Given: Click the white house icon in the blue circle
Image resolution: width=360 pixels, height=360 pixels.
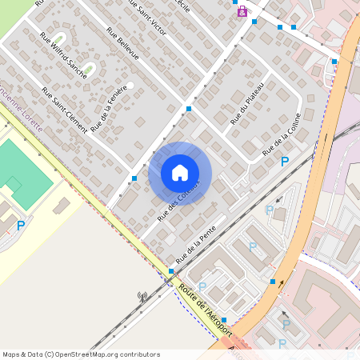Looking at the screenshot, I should click(x=180, y=173).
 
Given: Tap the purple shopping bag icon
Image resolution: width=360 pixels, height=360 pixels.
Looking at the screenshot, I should click(x=242, y=12).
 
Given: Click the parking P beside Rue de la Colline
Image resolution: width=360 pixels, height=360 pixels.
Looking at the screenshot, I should click(x=285, y=162).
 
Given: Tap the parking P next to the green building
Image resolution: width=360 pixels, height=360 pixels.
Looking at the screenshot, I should click(x=21, y=226).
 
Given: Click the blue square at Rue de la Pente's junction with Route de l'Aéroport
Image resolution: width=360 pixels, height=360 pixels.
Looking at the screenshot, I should click(x=171, y=272).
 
